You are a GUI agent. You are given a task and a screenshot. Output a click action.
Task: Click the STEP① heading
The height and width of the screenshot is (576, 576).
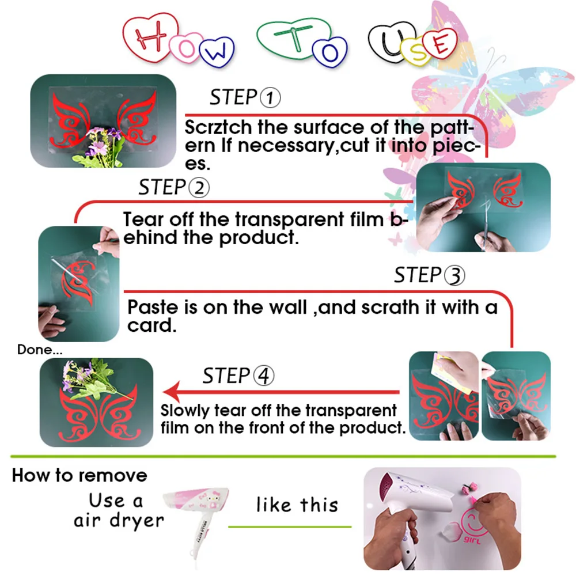245,98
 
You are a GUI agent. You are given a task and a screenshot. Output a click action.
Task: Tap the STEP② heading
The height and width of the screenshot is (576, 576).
173,188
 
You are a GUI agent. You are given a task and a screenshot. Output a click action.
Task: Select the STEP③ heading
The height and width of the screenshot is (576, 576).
429,276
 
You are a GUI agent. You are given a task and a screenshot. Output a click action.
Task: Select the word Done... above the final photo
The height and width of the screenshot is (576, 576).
40,349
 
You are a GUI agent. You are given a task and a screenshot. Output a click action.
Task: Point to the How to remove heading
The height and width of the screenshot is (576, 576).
79,476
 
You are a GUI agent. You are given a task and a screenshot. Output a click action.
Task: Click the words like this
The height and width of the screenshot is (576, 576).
297,505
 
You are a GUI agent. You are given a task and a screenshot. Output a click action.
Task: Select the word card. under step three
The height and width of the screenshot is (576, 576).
150,325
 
